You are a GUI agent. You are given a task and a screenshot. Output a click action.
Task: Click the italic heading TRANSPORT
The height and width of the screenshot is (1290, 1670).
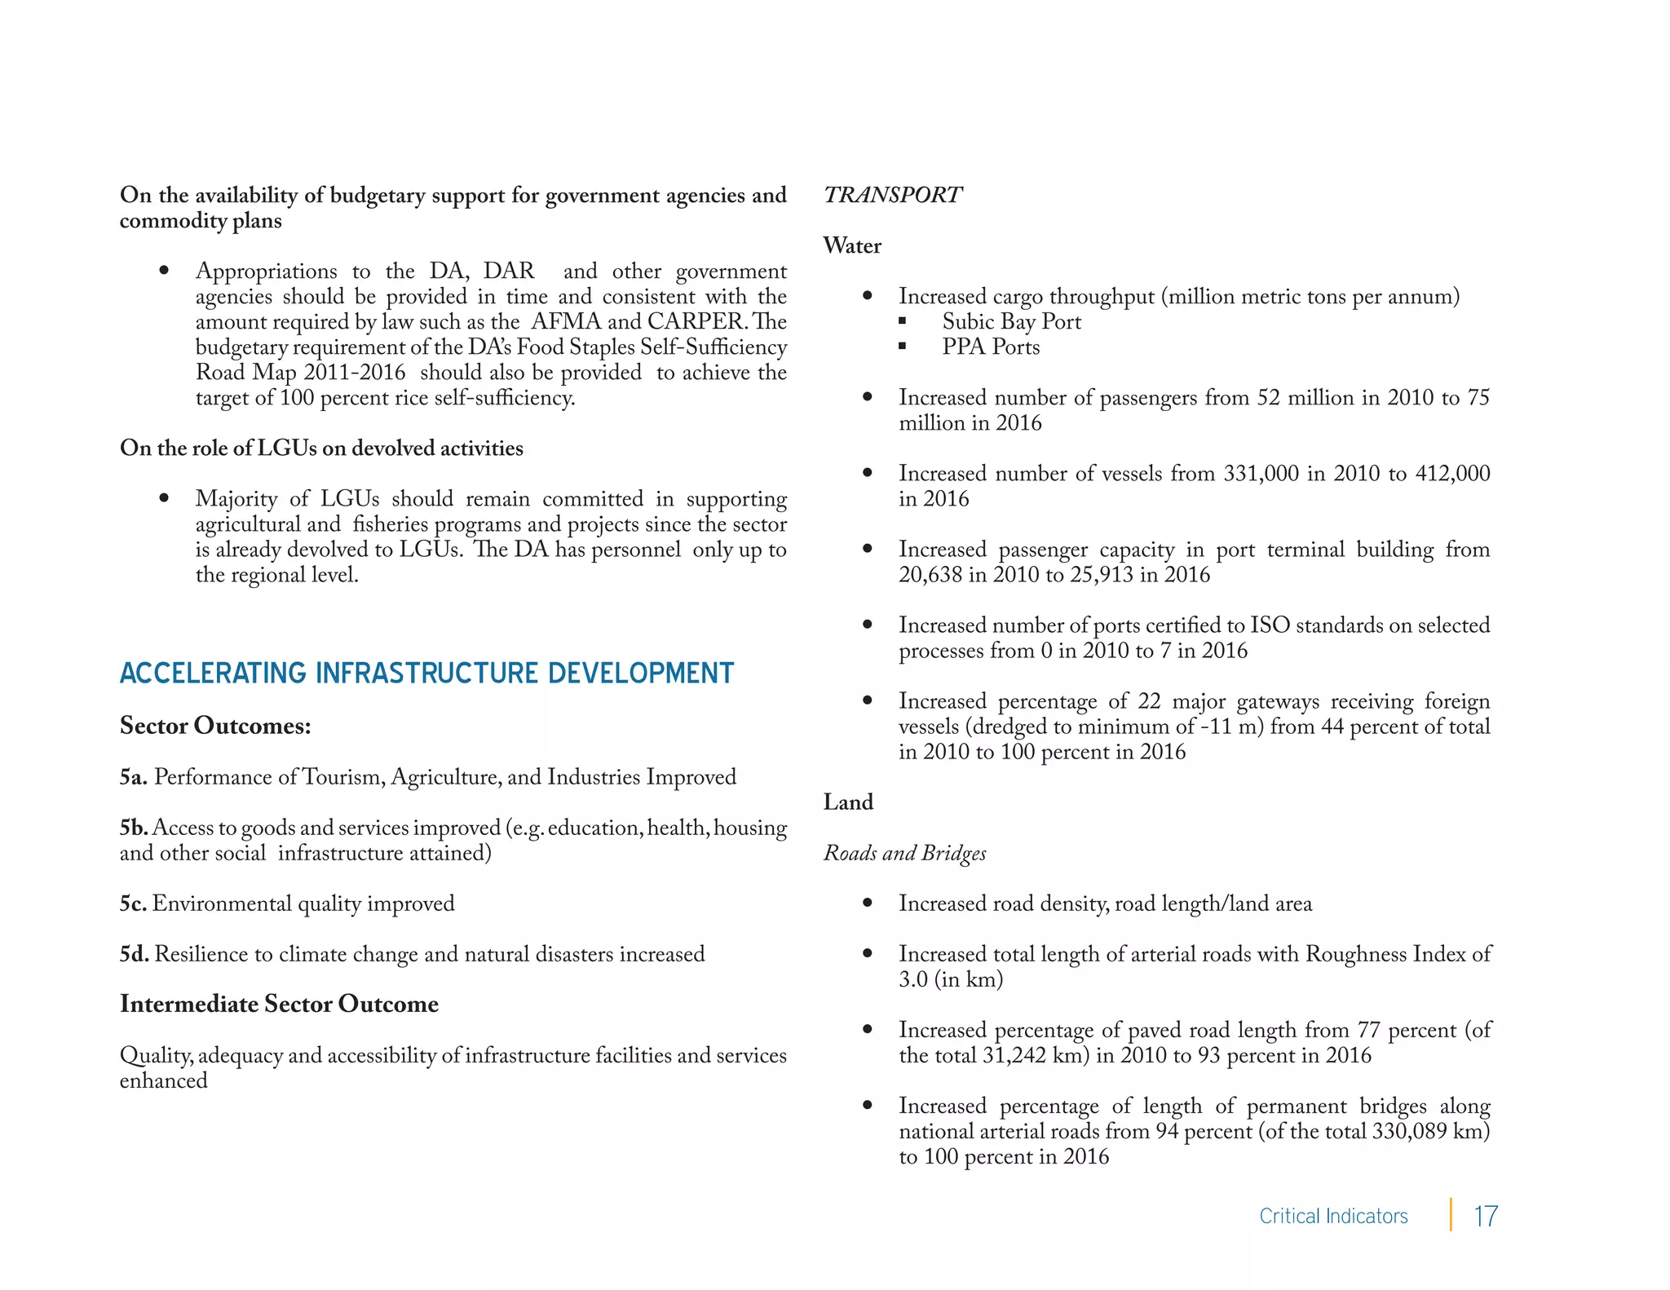(892, 195)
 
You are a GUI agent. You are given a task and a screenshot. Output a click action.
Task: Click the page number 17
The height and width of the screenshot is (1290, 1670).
(1485, 1216)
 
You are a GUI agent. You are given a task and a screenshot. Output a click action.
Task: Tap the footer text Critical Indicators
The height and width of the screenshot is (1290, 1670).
(1333, 1216)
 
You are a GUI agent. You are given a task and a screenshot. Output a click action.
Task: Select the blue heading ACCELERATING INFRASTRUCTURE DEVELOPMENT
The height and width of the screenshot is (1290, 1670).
(426, 674)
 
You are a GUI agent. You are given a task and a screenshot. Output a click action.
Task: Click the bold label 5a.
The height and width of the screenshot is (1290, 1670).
(133, 777)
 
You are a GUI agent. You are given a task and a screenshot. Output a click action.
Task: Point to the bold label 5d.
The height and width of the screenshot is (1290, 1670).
(134, 954)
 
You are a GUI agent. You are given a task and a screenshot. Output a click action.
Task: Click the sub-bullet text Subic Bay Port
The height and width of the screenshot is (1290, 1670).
(1011, 322)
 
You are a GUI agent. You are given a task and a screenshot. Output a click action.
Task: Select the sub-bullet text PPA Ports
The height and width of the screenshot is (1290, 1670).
(991, 347)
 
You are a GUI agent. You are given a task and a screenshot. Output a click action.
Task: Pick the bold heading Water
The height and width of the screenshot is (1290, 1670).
(852, 245)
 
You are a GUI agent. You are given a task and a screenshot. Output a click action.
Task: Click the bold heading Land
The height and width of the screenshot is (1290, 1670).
(848, 802)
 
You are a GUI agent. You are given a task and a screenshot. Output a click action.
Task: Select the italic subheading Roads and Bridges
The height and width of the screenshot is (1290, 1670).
(904, 853)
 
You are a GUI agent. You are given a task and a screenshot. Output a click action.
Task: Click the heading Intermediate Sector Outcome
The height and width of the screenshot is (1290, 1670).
(279, 1004)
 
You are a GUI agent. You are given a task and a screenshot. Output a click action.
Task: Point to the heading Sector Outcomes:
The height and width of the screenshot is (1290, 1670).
(215, 726)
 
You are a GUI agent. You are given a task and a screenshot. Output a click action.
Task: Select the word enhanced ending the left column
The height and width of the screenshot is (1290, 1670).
(163, 1081)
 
